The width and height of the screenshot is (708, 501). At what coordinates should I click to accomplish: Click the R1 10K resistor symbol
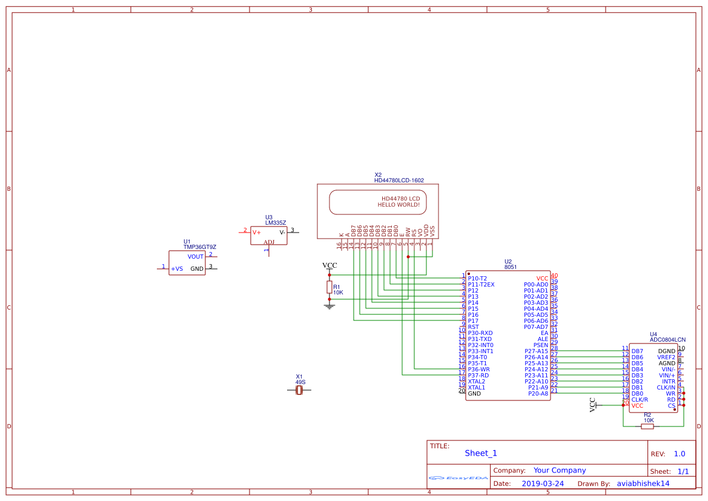coord(329,287)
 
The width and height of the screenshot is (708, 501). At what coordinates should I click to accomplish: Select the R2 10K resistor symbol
coord(647,426)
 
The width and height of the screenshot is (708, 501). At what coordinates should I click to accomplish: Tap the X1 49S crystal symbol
coord(299,391)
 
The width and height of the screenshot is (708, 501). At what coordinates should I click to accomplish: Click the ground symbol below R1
coord(329,306)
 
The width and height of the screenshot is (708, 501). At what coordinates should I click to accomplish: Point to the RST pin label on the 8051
coord(473,327)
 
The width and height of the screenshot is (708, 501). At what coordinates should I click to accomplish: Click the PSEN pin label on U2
coord(540,345)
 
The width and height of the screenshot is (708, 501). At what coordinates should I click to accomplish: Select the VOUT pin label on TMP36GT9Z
coord(196,257)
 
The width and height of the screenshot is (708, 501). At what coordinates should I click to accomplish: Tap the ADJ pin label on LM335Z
coord(268,242)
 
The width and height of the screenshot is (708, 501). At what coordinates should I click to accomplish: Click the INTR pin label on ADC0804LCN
coord(668,382)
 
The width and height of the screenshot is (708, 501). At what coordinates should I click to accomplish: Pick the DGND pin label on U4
coord(666,351)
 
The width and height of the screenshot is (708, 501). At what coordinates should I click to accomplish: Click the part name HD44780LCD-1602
coord(399,181)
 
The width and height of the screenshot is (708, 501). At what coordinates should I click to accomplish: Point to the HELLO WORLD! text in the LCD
coord(399,205)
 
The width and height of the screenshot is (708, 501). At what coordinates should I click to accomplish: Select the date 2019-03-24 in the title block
coord(543,483)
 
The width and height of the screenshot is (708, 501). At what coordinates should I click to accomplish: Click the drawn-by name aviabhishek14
coord(643,483)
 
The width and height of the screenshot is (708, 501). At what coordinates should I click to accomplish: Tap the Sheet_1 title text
coord(480,453)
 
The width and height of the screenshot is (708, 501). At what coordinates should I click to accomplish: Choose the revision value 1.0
coord(680,454)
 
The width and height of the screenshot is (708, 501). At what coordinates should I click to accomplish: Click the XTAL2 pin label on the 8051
coord(476,382)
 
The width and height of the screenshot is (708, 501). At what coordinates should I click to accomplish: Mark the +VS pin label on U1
coord(177,269)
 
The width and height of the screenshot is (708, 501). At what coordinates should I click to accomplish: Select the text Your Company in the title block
coord(559,470)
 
